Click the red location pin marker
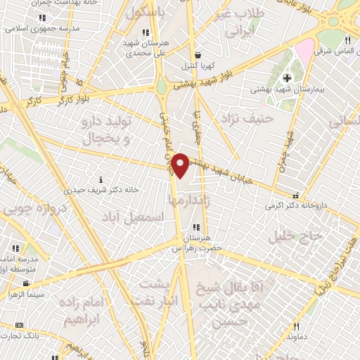[181, 166]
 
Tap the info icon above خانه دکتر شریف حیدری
[102, 180]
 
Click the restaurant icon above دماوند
[296, 326]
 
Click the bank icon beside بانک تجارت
[19, 325]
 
